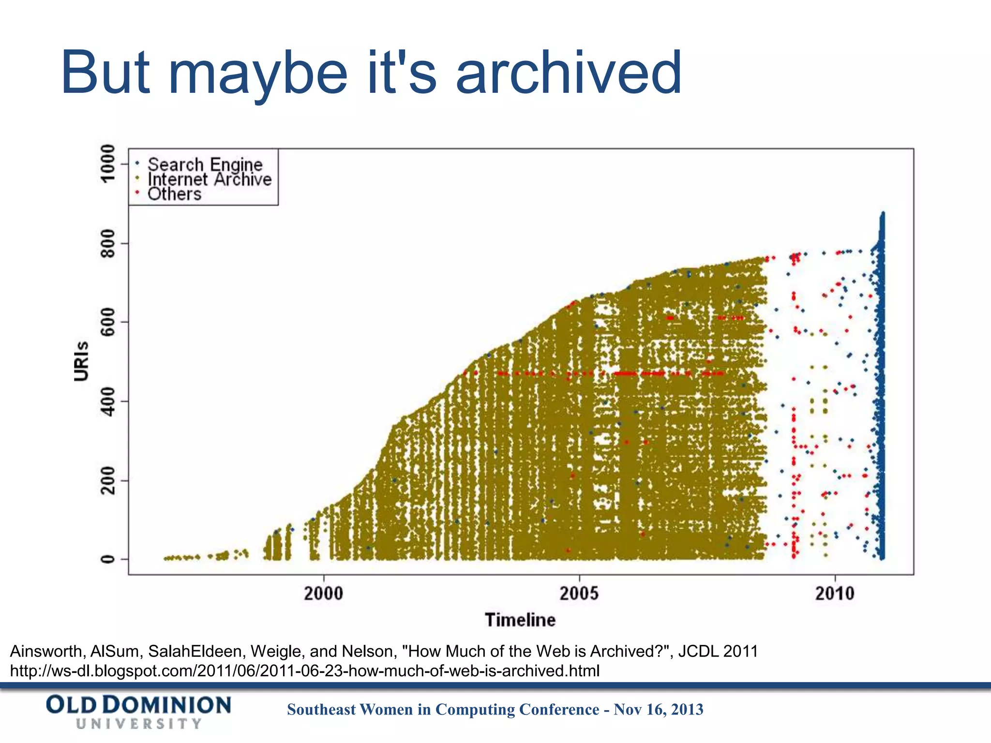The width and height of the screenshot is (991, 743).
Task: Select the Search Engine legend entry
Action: pos(205,164)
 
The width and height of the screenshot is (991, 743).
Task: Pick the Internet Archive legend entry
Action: pos(209,179)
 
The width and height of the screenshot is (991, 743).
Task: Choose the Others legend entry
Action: pos(174,194)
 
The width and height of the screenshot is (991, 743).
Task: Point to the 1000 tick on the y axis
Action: pos(107,163)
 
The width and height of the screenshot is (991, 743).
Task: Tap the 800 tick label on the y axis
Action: pos(107,243)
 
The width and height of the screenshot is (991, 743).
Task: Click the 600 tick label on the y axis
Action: pos(107,322)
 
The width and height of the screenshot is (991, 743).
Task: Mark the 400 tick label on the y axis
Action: pos(107,401)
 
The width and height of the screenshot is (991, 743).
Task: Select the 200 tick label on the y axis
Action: pos(107,480)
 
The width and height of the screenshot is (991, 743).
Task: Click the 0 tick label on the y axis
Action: pos(107,559)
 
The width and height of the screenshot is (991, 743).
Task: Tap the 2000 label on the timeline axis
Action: pos(323,593)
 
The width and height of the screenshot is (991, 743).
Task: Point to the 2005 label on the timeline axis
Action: pos(579,593)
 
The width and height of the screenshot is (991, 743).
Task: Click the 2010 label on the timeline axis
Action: pos(835,593)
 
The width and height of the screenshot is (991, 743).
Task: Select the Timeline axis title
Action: pos(520,620)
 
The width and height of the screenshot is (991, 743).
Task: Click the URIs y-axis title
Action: pos(82,361)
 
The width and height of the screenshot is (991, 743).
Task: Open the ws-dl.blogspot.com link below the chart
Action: pos(304,671)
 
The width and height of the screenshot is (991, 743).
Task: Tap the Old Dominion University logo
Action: pos(139,712)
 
